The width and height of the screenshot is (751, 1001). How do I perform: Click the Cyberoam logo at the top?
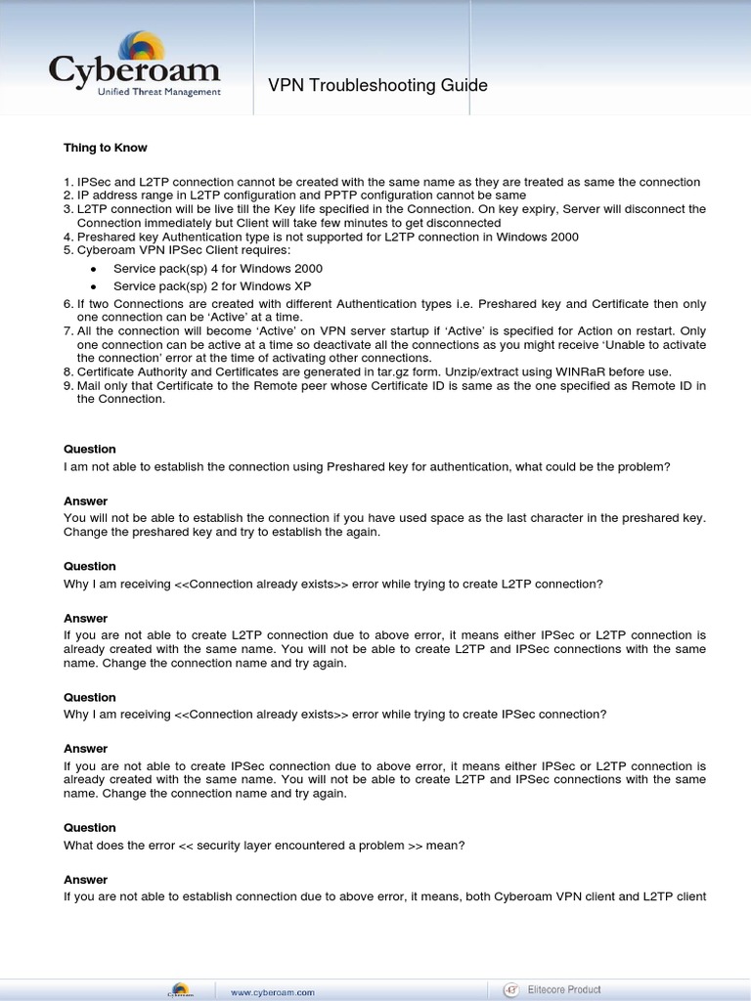[135, 64]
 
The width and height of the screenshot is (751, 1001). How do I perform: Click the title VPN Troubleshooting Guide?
[377, 86]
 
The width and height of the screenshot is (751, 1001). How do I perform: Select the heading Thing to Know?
[106, 148]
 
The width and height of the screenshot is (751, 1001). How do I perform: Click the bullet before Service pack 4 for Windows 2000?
[93, 269]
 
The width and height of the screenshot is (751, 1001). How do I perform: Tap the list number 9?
[67, 385]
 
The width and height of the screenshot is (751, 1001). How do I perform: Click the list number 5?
[67, 250]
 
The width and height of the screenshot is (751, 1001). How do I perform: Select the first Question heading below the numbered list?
[90, 450]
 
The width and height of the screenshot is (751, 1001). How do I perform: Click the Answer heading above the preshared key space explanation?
[86, 501]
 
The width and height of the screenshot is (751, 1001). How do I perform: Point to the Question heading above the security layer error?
[90, 828]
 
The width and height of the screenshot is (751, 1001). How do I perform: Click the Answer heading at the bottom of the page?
[86, 880]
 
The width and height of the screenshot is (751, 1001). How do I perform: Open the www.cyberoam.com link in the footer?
[273, 991]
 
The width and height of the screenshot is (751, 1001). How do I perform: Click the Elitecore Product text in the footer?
[565, 990]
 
